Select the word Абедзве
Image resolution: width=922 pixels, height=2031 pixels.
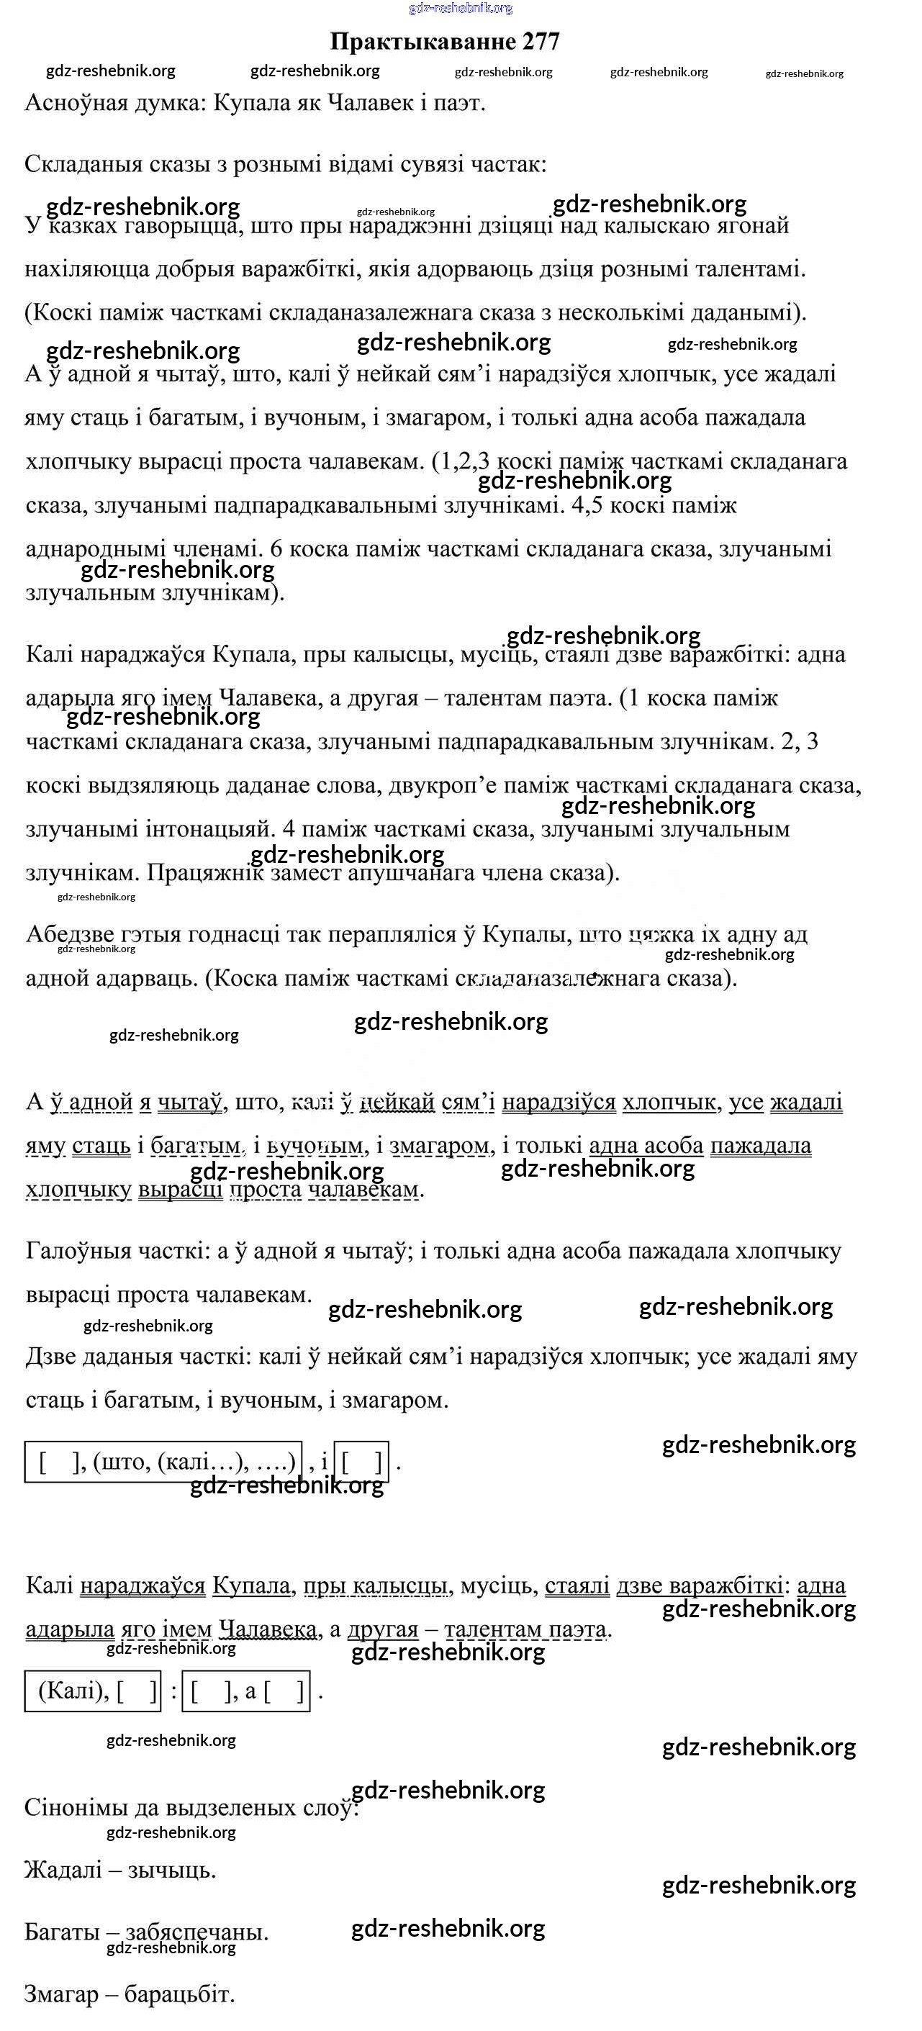pyautogui.click(x=71, y=934)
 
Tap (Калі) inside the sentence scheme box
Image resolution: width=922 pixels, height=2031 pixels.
pyautogui.click(x=73, y=1691)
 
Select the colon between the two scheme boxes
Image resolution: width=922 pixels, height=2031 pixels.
pyautogui.click(x=173, y=1691)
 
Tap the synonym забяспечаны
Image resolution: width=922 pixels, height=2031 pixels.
pyautogui.click(x=196, y=1932)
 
